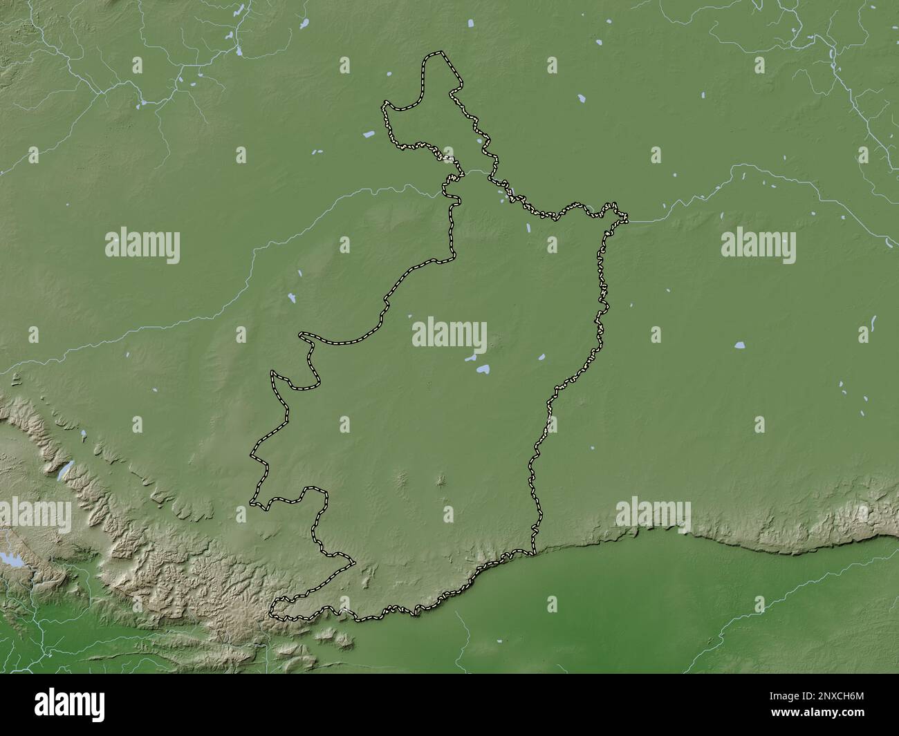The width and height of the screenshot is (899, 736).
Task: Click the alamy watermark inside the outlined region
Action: click(x=449, y=334)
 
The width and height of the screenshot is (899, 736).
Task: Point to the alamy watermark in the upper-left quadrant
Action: click(x=142, y=245)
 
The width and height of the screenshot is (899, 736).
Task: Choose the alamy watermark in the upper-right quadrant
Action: click(x=758, y=245)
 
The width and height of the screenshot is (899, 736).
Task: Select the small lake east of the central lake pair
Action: click(x=541, y=358)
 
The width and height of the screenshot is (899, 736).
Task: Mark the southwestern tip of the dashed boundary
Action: click(x=272, y=611)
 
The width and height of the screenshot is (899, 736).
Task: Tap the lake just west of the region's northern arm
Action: click(x=370, y=133)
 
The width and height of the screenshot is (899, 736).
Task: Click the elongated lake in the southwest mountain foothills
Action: click(x=64, y=471)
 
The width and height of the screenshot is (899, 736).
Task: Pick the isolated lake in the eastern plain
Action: click(x=741, y=343)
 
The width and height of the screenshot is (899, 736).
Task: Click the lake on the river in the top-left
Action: click(x=143, y=104)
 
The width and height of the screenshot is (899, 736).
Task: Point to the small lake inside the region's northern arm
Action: click(x=480, y=144)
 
